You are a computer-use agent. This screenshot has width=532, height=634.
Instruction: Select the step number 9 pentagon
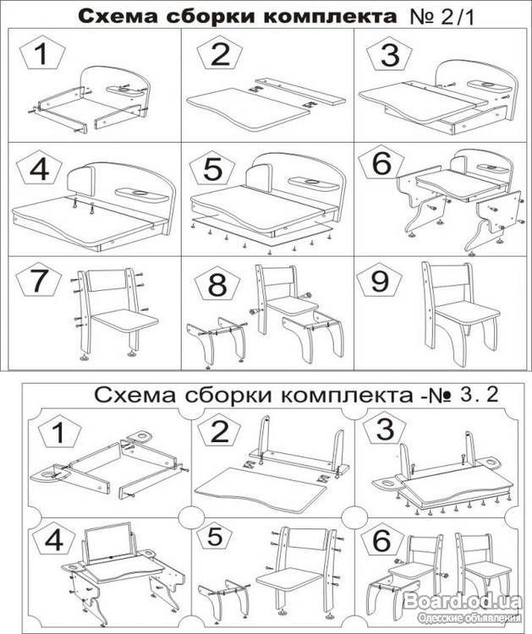380,281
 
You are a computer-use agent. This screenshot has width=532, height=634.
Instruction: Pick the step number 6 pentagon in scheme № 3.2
383,541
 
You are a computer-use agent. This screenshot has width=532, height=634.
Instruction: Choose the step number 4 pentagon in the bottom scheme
54,541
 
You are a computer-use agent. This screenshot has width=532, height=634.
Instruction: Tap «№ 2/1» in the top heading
442,18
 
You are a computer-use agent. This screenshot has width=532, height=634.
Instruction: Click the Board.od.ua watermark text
463,602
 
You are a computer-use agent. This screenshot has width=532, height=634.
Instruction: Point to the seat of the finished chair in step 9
466,310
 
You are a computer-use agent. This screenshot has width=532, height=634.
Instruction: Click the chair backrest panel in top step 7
107,281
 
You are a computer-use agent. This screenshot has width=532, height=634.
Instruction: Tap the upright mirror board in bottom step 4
110,543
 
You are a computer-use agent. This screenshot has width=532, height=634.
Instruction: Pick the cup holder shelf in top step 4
140,194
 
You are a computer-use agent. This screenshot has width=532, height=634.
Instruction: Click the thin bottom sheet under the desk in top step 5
262,233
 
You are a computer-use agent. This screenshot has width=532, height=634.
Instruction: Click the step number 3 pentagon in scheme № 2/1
390,56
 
